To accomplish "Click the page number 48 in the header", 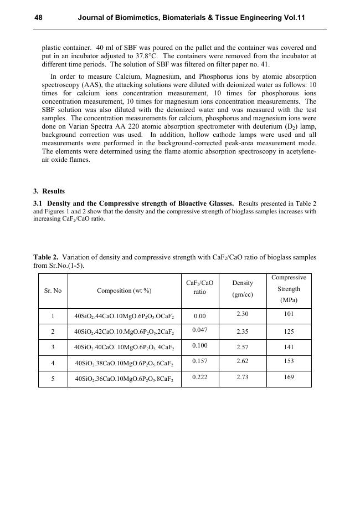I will pos(38,18).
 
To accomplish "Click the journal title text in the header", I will pos(191,18).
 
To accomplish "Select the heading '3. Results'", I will pos(49,192).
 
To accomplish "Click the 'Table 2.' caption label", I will pos(46,257).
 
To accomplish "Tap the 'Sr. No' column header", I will pos(53,290).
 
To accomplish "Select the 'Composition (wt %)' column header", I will pos(124,290).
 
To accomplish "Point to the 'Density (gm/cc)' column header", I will pos(242,289).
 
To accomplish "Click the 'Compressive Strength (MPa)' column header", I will pos(289,289).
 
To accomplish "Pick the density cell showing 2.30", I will pos(242,314).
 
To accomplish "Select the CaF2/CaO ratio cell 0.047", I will pos(199,330).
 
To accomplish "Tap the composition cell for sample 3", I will pos(124,348).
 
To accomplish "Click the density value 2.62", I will pos(242,361).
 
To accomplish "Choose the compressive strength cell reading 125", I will pos(289,331).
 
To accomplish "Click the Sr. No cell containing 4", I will pos(53,364).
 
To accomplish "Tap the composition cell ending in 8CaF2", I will pos(124,380).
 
